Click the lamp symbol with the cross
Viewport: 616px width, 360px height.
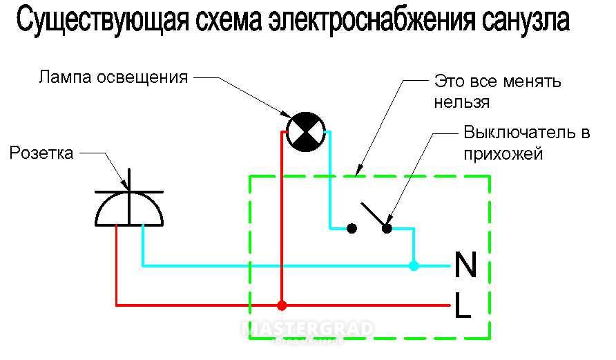(x=306, y=132)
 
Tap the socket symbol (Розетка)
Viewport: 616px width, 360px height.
(x=129, y=198)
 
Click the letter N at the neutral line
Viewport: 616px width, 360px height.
(x=465, y=265)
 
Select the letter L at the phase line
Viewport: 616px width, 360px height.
(x=463, y=305)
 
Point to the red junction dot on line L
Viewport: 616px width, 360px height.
(x=282, y=305)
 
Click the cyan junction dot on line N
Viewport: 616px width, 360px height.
(x=413, y=265)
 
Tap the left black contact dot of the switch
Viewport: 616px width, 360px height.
(x=352, y=228)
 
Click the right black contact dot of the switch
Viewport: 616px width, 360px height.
(x=387, y=228)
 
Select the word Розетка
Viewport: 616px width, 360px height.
(x=41, y=153)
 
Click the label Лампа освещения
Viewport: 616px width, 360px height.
(x=113, y=77)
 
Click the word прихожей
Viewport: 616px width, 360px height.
(x=503, y=153)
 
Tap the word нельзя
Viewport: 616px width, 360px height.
(x=461, y=102)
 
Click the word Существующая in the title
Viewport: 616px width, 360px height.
(x=102, y=21)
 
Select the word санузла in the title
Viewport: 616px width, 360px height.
(x=525, y=21)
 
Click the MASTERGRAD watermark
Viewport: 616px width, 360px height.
(x=308, y=328)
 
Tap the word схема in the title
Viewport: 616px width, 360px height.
(x=229, y=21)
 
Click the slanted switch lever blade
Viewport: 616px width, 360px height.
(x=374, y=215)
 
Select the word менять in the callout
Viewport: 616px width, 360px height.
(x=532, y=82)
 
